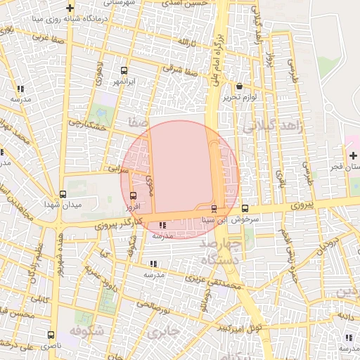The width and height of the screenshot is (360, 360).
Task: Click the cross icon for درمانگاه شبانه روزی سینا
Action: coord(70,8)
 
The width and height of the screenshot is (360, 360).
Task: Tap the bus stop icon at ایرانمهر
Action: coord(124,71)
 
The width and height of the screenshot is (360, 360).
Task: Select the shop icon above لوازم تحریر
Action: coord(240,86)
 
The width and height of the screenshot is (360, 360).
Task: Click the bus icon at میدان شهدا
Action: coord(63,194)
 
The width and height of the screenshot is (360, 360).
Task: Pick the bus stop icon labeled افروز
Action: coord(134,196)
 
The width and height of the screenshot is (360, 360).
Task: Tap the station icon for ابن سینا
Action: coord(214,208)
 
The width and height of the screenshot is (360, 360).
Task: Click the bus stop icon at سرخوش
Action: coord(245,208)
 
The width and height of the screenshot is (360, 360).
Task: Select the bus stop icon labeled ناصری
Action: coord(50,335)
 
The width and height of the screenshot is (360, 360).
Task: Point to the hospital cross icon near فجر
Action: coord(352,155)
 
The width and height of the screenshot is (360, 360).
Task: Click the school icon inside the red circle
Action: coord(163,226)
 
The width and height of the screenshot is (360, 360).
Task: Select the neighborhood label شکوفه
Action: coord(87,330)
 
